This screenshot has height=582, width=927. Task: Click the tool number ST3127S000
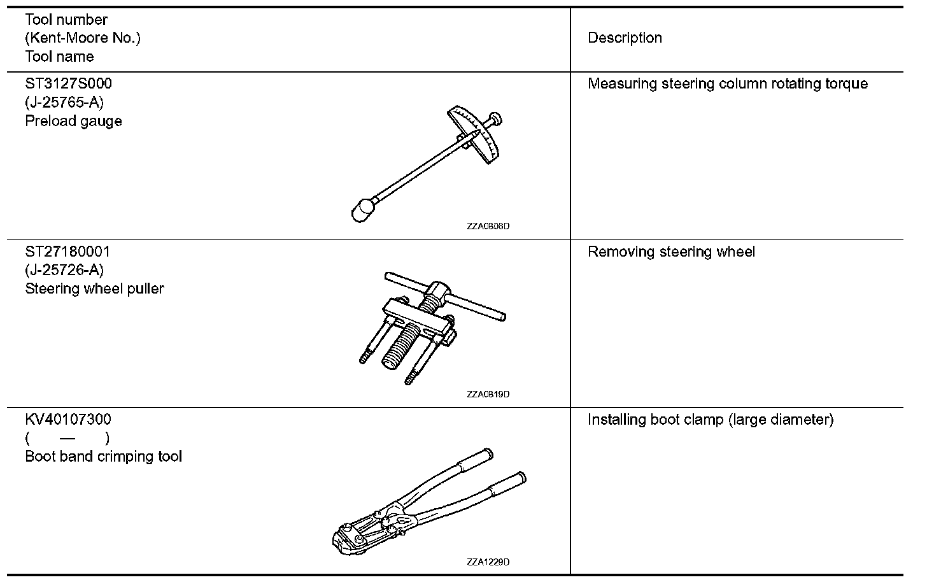pos(68,83)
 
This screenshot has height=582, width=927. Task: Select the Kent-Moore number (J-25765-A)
pos(64,103)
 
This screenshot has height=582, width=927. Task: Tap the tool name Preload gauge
pos(73,121)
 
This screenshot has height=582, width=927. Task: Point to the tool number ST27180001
pos(67,252)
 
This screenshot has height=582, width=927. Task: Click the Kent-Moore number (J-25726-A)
pos(64,270)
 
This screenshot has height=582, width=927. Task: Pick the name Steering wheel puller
pos(94,288)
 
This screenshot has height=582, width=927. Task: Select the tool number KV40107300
pos(67,420)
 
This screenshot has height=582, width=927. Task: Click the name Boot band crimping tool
pos(103,457)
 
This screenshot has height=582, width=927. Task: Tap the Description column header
pos(625,38)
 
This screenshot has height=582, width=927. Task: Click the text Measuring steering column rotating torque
pos(727,84)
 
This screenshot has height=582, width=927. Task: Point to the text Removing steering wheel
pos(671,252)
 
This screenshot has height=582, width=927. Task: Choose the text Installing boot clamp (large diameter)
pos(710,420)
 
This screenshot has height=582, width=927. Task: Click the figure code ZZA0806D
pos(488,226)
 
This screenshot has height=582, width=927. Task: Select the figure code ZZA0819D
pos(488,394)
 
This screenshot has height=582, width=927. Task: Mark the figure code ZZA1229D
pos(488,562)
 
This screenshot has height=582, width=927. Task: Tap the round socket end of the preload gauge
pos(363,209)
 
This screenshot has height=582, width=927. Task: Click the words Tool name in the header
pos(59,57)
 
